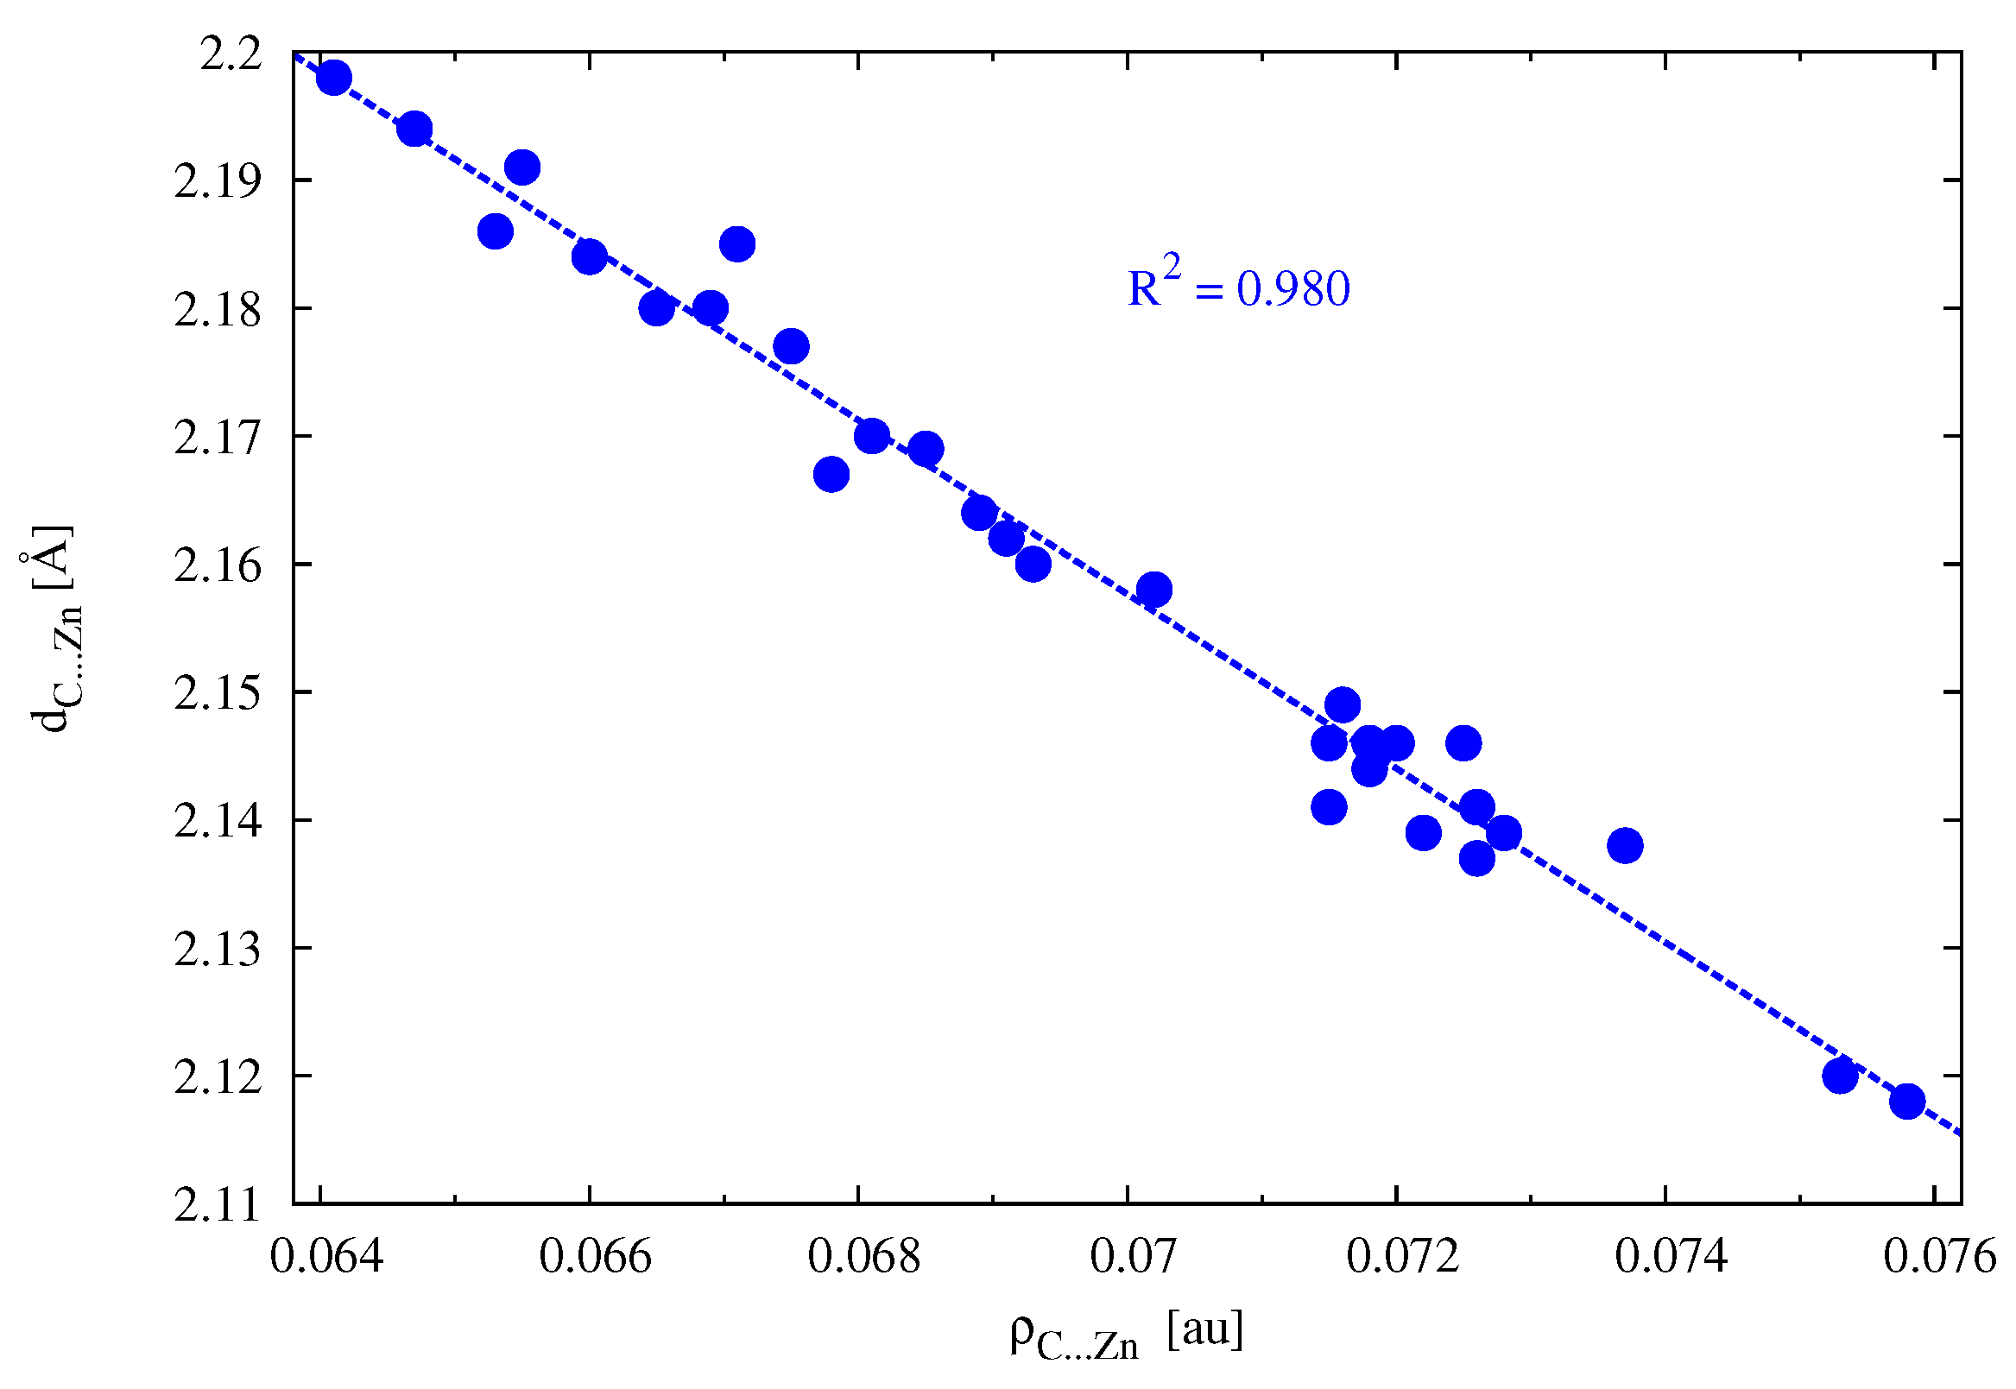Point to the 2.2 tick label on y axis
[231, 55]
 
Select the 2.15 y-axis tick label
[218, 693]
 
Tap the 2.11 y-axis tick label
[218, 1205]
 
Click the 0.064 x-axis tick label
[326, 1257]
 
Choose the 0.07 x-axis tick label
[1134, 1257]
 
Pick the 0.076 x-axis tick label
[1939, 1257]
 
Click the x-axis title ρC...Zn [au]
[1127, 1333]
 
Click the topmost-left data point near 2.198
[334, 78]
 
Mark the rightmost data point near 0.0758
[1907, 1101]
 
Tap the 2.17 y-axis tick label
[218, 438]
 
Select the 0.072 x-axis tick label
[1402, 1257]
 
